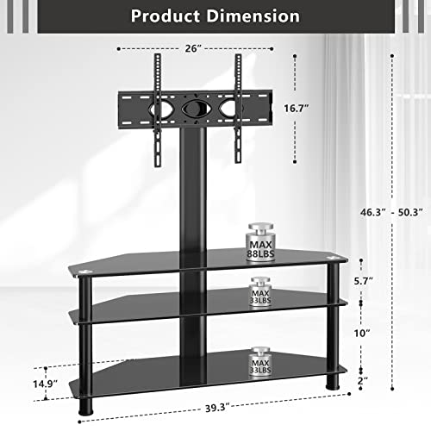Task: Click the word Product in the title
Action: pyautogui.click(x=170, y=16)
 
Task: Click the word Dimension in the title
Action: pyautogui.click(x=257, y=16)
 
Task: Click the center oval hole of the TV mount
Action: pyautogui.click(x=195, y=111)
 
